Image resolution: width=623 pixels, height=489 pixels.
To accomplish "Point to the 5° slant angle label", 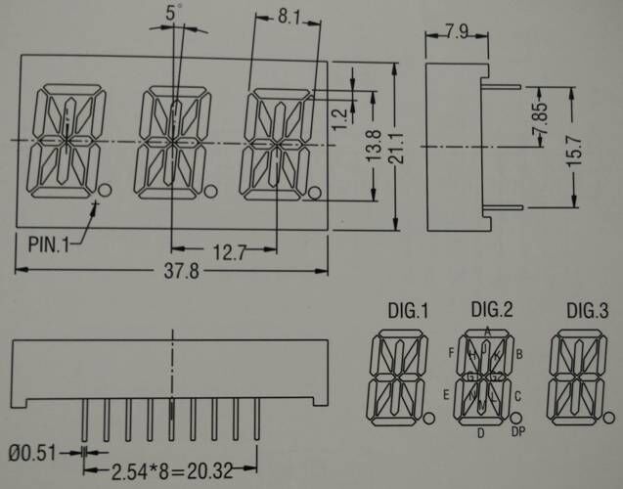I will click(x=174, y=15).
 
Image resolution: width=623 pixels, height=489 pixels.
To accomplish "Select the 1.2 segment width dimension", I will click(x=339, y=116).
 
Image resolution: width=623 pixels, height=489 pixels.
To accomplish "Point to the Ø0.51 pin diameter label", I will click(x=34, y=452).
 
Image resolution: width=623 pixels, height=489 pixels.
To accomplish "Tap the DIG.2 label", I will click(x=492, y=311).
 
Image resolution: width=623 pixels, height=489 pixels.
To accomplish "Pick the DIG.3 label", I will click(x=587, y=313).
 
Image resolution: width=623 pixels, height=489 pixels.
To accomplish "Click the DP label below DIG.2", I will click(x=518, y=432).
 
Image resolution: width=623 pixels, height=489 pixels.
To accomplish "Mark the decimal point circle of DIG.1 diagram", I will click(x=430, y=419).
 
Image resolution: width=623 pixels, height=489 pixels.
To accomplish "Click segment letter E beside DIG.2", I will click(x=445, y=394).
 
